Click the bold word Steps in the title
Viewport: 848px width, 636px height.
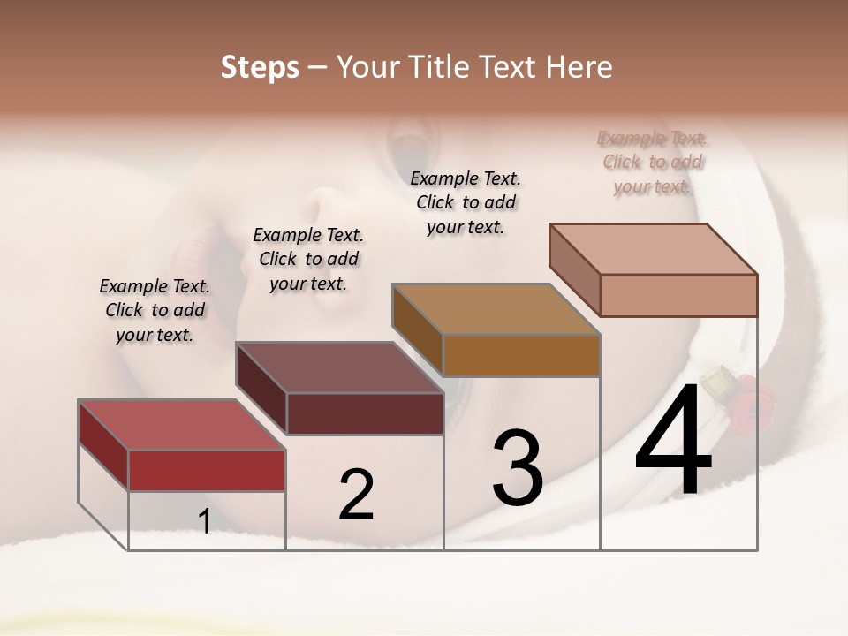[260, 67]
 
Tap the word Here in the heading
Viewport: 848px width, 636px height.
[579, 67]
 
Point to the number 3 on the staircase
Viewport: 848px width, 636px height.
[518, 468]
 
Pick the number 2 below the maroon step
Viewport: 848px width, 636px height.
[357, 495]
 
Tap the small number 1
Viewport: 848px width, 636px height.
[205, 522]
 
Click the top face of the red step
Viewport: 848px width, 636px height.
[182, 425]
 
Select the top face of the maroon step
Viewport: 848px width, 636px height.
[339, 367]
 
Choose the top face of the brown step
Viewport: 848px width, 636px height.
[496, 309]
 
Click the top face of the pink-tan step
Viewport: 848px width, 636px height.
[653, 249]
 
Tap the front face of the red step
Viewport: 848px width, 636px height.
[207, 470]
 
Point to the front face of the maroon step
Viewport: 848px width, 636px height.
[365, 413]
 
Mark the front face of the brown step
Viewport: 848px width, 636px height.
[521, 355]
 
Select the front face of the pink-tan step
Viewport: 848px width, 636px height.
[678, 295]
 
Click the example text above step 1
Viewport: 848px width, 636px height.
[155, 310]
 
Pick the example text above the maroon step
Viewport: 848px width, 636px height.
[308, 259]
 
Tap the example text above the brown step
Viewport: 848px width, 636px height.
[466, 202]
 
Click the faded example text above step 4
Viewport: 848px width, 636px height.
[653, 162]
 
